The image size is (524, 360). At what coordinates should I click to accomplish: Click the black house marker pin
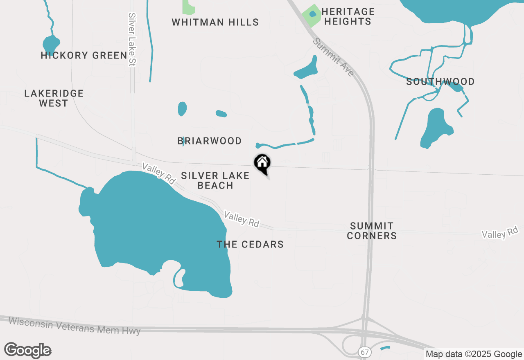click(x=262, y=164)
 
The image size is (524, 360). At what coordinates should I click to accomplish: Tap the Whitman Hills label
click(x=215, y=22)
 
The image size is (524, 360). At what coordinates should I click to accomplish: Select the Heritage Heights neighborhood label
click(x=348, y=16)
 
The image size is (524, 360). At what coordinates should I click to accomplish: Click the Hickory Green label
click(x=84, y=55)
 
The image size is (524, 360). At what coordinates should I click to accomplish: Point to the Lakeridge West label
click(x=54, y=98)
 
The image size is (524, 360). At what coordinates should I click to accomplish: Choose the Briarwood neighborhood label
click(x=210, y=141)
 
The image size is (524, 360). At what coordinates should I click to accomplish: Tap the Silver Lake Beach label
click(x=215, y=180)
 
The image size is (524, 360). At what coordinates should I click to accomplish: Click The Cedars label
click(x=250, y=244)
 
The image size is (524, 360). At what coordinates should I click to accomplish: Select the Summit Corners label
click(x=372, y=231)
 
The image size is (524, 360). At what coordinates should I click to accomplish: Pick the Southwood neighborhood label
click(x=440, y=81)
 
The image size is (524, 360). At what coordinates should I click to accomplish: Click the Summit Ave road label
click(x=334, y=57)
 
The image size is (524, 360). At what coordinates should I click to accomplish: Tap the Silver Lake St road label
click(x=132, y=39)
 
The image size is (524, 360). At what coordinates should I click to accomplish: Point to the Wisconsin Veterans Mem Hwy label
click(x=75, y=326)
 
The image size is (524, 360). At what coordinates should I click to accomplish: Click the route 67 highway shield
click(x=364, y=352)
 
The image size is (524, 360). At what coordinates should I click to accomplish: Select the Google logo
click(x=28, y=351)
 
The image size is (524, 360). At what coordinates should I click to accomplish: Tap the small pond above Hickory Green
click(x=51, y=43)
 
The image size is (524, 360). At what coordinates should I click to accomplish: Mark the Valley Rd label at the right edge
click(x=500, y=232)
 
